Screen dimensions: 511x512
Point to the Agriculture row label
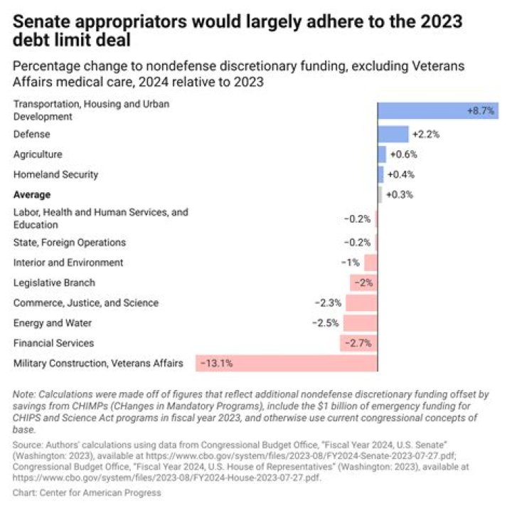point(38,154)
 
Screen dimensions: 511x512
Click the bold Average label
point(32,194)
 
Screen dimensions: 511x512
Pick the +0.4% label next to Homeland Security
point(401,174)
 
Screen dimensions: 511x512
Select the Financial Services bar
point(358,343)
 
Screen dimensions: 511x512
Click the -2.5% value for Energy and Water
point(326,323)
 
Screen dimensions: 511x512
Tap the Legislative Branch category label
point(54,283)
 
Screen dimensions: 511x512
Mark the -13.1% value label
point(216,363)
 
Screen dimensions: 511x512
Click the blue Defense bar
point(393,135)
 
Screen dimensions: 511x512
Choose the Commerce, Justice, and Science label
point(85,303)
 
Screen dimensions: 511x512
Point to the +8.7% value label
point(481,111)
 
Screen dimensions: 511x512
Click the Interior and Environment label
point(68,263)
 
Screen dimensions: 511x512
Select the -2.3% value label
point(328,303)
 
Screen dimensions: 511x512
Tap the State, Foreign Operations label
point(70,243)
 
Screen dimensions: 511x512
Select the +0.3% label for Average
point(399,194)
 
